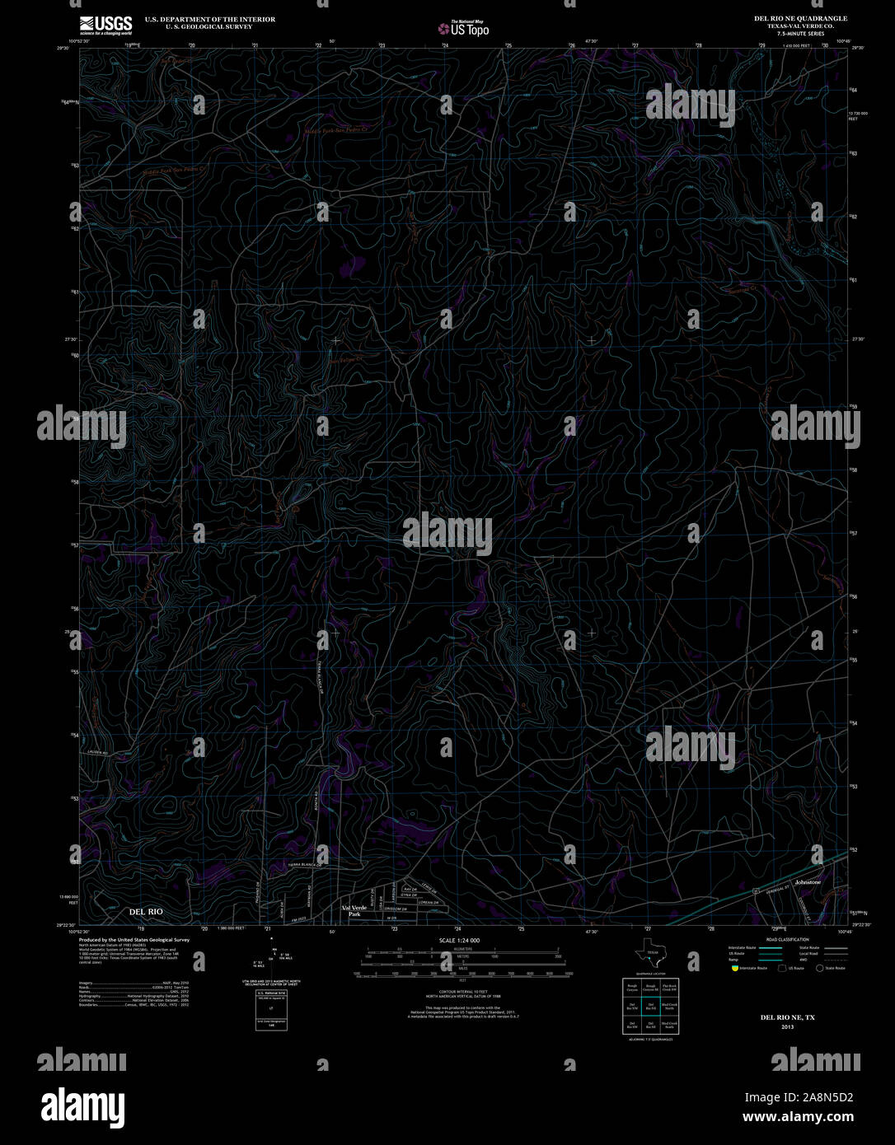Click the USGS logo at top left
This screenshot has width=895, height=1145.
pos(105,25)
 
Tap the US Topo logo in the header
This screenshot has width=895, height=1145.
pos(463,29)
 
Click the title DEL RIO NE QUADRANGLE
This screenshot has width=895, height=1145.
pos(800,18)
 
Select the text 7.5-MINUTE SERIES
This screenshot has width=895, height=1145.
pos(800,34)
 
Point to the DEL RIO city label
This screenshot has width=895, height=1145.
pos(146,912)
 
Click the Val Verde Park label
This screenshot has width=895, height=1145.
pos(354,910)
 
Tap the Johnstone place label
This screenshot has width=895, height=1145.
pos(808,882)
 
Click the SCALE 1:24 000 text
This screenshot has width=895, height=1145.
pos(459,940)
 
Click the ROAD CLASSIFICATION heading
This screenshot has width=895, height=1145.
pos(787,939)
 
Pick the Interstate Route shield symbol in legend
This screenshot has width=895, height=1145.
pos(734,969)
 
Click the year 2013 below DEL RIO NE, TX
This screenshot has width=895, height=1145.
pos(787,1027)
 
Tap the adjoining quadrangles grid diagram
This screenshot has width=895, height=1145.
pos(650,1006)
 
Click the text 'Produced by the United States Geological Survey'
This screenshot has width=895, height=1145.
pos(134,939)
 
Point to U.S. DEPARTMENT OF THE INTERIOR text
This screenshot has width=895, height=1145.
pos(210,19)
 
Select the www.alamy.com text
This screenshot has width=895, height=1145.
pos(798,1117)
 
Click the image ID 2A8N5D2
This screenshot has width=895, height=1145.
pos(799,1097)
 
